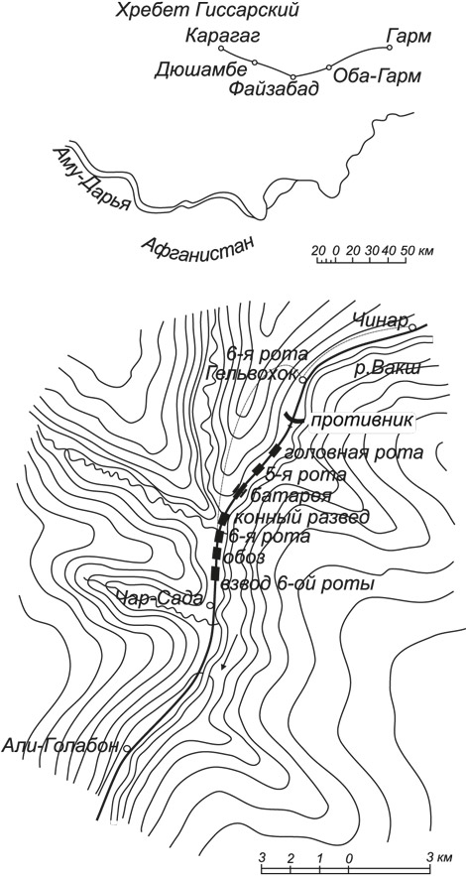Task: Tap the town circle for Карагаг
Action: pos(221,49)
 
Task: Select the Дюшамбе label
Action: pos(200,70)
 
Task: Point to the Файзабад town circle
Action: pos(293,76)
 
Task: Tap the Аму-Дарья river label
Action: pos(92,179)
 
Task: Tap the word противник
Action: pos(363,421)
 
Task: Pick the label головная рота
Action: pos(353,452)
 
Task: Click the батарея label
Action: pos(291,496)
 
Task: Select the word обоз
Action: pos(239,557)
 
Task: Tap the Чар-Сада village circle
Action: pos(210,605)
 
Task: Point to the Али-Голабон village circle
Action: pos(127,748)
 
